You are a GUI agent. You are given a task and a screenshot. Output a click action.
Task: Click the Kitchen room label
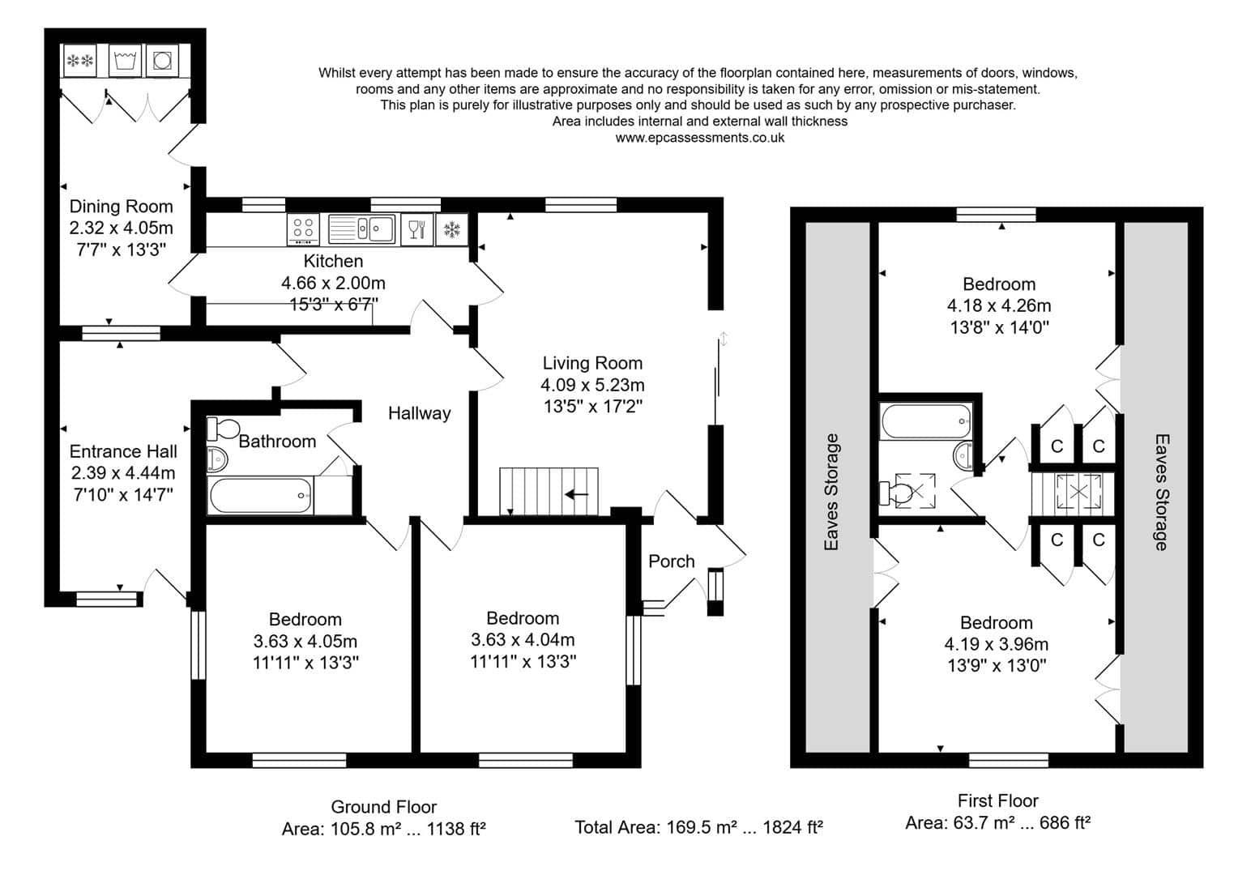pyautogui.click(x=333, y=261)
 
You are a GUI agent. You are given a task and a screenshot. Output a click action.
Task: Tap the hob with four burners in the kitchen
pyautogui.click(x=303, y=229)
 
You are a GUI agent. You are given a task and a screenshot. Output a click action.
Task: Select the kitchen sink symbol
pyautogui.click(x=361, y=229)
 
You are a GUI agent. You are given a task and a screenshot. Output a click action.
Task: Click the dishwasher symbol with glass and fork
pyautogui.click(x=417, y=229)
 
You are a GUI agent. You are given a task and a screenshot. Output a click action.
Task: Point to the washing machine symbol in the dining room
pyautogui.click(x=125, y=60)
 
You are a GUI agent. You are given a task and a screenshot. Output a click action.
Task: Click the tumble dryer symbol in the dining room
pyautogui.click(x=163, y=60)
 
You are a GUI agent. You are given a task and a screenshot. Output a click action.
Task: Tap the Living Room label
pyautogui.click(x=592, y=363)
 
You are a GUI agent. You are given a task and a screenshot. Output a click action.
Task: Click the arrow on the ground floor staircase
pyautogui.click(x=577, y=494)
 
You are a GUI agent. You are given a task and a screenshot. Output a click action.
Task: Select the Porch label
pyautogui.click(x=672, y=561)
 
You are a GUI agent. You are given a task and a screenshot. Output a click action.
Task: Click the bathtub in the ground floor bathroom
pyautogui.click(x=260, y=495)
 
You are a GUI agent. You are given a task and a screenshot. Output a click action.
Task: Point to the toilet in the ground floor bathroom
pyautogui.click(x=222, y=429)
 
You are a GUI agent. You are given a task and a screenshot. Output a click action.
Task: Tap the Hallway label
pyautogui.click(x=420, y=413)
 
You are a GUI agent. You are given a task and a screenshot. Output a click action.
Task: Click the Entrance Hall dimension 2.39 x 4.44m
pyautogui.click(x=123, y=473)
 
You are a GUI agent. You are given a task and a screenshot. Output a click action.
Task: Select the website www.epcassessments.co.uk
pyautogui.click(x=700, y=138)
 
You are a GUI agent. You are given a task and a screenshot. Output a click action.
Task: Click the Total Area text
pyautogui.click(x=698, y=827)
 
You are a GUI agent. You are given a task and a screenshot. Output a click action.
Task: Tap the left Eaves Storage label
pyautogui.click(x=831, y=492)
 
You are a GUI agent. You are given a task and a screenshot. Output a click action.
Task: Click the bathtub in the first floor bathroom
pyautogui.click(x=926, y=420)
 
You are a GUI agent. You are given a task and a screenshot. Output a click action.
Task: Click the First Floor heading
pyautogui.click(x=998, y=800)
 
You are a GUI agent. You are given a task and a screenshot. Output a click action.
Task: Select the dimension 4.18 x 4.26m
pyautogui.click(x=999, y=305)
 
